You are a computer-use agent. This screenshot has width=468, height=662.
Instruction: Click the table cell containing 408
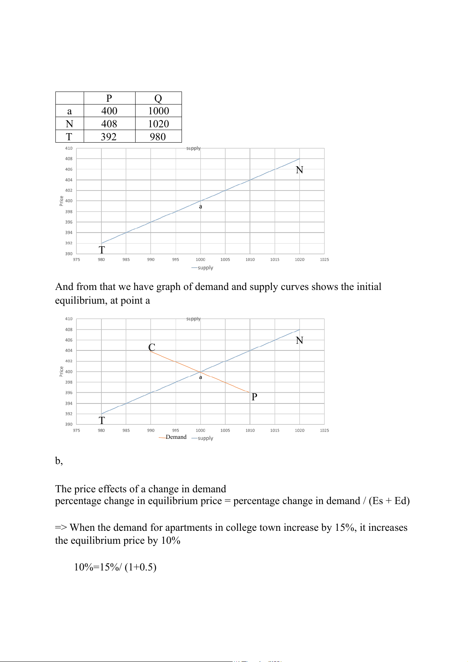[x=109, y=124]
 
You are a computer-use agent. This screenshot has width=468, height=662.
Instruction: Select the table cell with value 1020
[x=158, y=124]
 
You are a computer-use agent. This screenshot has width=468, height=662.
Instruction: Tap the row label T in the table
[x=69, y=137]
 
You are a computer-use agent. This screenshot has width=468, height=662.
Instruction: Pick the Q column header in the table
[x=158, y=98]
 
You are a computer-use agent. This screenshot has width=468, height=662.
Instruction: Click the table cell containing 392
[x=109, y=137]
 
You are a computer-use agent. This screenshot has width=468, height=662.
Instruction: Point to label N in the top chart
[x=299, y=170]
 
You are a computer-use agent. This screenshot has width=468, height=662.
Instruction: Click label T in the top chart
[x=102, y=250]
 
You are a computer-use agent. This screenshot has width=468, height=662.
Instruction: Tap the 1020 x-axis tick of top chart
[x=299, y=260]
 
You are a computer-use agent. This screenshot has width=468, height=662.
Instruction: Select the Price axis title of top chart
[x=61, y=201]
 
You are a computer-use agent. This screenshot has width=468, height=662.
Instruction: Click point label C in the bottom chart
[x=152, y=347]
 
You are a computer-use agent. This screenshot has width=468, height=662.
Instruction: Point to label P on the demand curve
[x=254, y=397]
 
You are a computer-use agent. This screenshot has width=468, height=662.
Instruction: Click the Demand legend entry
[x=176, y=437]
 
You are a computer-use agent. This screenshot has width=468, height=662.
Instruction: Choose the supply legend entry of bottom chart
[x=205, y=438]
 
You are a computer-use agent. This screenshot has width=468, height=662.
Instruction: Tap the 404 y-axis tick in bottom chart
[x=69, y=350]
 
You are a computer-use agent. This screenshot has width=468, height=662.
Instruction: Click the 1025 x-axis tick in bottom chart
[x=324, y=431]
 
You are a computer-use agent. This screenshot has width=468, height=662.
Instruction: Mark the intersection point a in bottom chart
[x=200, y=372]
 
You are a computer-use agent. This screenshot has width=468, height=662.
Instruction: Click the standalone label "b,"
[x=59, y=461]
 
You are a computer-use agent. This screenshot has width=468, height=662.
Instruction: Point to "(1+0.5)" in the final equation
[x=140, y=567]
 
